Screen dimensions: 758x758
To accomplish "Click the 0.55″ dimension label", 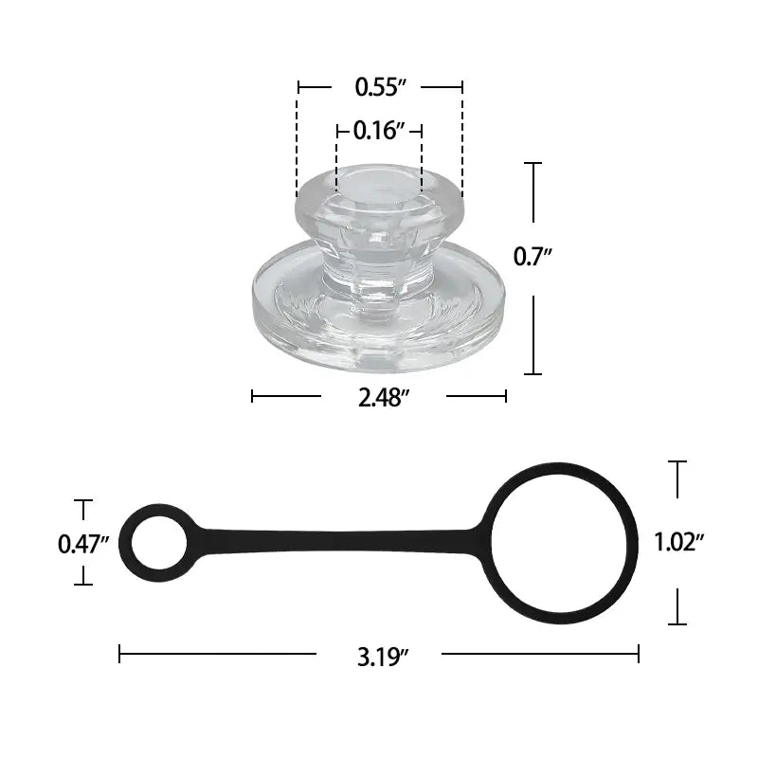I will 380,87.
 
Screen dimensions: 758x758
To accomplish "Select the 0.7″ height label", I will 532,255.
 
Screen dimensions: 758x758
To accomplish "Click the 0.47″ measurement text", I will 83,544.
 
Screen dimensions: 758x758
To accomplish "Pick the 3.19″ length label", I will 382,655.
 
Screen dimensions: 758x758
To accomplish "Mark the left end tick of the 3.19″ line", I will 120,653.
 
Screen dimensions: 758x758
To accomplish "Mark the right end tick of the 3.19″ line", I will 638,653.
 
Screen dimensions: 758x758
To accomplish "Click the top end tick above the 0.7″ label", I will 533,164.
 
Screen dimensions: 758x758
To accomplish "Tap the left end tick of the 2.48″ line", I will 253,396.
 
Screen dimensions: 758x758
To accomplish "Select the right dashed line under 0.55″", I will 462,142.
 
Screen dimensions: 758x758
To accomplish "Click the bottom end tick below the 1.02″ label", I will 677,623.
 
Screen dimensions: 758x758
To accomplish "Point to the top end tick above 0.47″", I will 83,500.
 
